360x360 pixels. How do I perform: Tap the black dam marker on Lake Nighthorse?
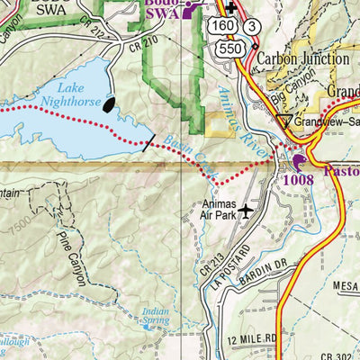(110, 104)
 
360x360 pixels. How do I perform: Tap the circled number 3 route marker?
(255, 27)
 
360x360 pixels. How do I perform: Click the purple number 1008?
(296, 179)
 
